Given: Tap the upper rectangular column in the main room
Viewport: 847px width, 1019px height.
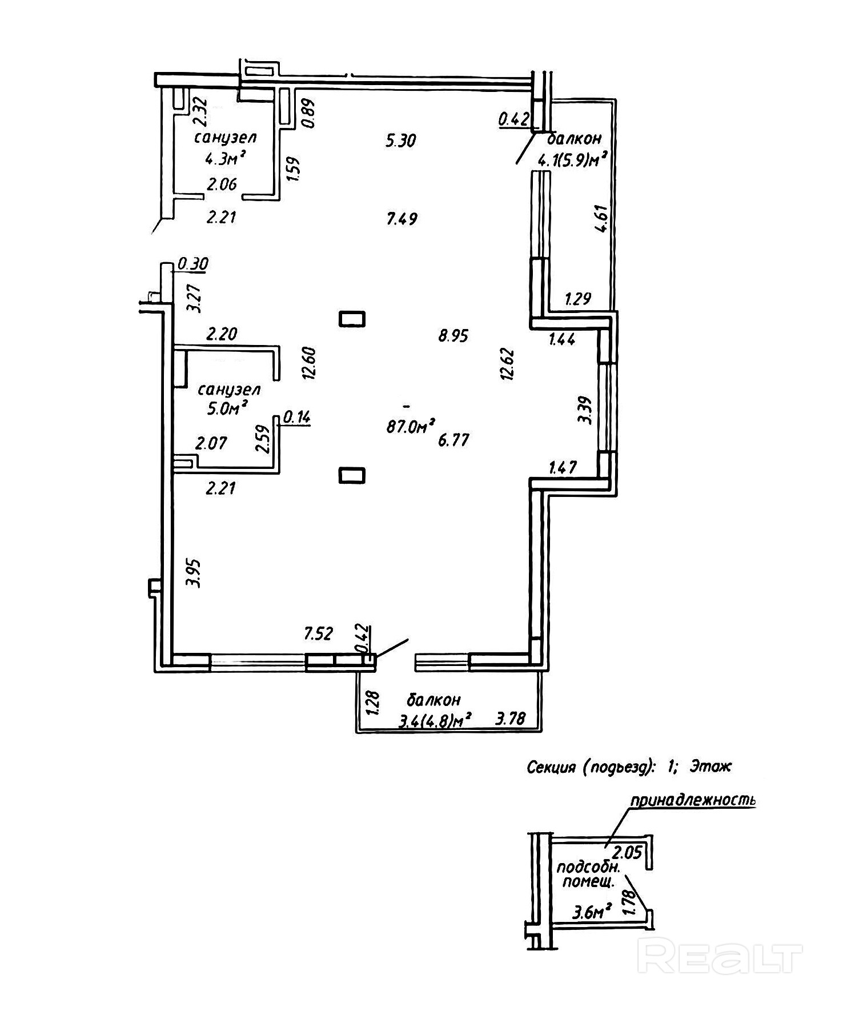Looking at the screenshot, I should [x=352, y=319].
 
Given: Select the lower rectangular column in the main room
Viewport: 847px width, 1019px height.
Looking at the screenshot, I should [x=352, y=475].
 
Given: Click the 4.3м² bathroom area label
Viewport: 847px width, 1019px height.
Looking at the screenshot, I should [x=226, y=159].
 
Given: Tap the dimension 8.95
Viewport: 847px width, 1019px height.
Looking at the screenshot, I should [x=453, y=336].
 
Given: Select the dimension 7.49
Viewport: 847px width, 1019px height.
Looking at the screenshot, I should [x=402, y=219].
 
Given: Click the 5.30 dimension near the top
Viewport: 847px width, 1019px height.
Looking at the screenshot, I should [x=401, y=141].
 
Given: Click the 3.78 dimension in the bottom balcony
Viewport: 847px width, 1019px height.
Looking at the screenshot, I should [x=510, y=718].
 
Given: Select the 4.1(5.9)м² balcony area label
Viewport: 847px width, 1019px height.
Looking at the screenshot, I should [x=571, y=161].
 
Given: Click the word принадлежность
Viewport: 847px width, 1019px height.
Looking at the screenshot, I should [x=692, y=800].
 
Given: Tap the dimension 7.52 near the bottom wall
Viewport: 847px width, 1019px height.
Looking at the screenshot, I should [x=318, y=633].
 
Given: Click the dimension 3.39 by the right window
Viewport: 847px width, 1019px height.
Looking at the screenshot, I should [x=585, y=410].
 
